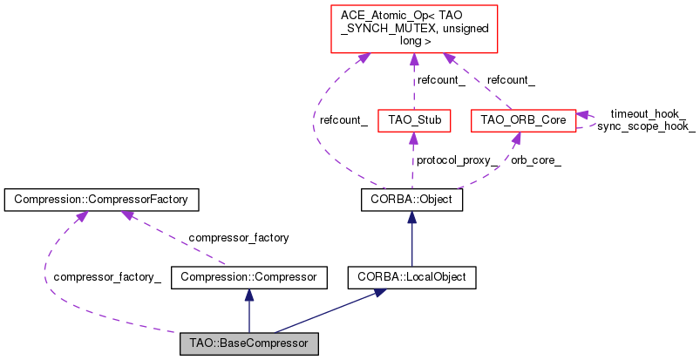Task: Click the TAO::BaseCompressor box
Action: pos(248,343)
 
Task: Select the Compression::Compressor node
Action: pos(248,278)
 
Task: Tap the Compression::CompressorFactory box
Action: pos(102,200)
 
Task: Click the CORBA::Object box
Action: pos(411,200)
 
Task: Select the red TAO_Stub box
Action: pos(413,119)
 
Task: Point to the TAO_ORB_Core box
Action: pos(521,119)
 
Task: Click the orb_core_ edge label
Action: pos(536,160)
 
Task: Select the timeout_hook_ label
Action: pos(648,113)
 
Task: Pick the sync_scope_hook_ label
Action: pos(646,126)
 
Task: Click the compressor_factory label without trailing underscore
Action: pos(238,236)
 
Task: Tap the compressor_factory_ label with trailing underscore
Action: pos(107,277)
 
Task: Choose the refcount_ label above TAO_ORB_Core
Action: pos(511,79)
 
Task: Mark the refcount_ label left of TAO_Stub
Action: pos(343,121)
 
